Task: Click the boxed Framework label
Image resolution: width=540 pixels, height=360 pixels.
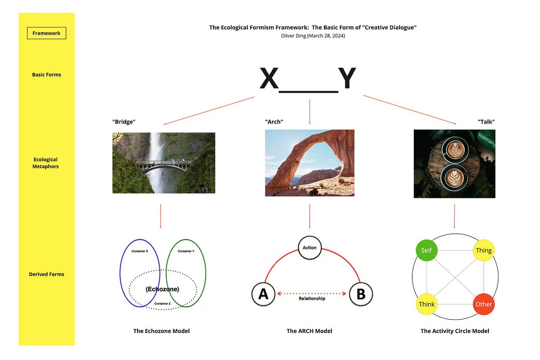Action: pos(46,33)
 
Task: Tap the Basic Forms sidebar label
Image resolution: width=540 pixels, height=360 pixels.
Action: pos(47,75)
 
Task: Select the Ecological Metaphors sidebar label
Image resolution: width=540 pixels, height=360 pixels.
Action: pos(46,163)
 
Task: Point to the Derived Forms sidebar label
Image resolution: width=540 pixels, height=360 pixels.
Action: pos(47,274)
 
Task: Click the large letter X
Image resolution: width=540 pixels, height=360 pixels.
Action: pos(269,79)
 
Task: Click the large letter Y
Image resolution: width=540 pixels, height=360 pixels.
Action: pos(347,79)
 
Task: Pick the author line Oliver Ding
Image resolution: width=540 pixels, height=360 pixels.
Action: pos(313,36)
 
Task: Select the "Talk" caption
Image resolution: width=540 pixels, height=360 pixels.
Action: pos(486,122)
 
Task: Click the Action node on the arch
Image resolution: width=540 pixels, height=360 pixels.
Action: pos(310,248)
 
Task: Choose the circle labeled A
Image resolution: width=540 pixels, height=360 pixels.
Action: pos(263,294)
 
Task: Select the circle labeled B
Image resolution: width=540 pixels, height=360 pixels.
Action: pos(361,294)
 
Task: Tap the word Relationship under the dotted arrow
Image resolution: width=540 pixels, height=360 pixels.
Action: pos(312,298)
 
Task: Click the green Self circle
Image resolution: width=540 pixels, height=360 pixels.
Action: pos(426,251)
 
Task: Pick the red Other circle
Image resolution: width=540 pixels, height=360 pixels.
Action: pos(483,304)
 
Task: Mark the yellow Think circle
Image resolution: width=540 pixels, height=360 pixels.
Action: pos(426,304)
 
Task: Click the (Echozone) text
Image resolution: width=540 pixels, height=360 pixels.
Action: pos(162,289)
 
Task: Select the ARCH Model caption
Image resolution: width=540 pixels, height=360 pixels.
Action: pos(309,331)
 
